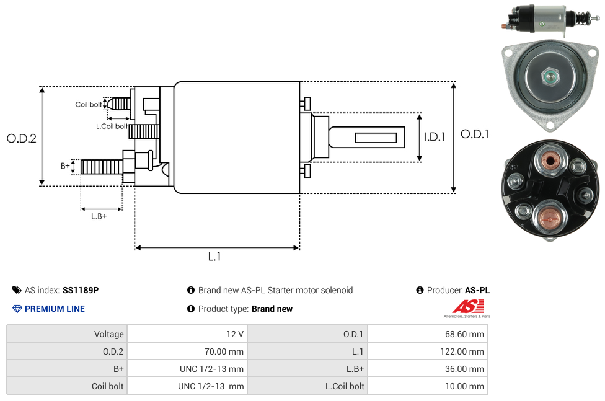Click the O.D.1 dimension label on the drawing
(x=475, y=134)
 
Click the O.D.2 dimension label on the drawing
(x=22, y=138)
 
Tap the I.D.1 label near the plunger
(x=435, y=137)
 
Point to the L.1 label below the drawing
(x=214, y=257)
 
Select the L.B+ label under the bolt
(x=99, y=216)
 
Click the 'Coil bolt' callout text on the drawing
(x=89, y=104)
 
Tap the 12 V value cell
(x=235, y=334)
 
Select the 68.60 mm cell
(x=464, y=334)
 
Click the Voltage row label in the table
(x=108, y=334)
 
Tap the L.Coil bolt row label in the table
(x=345, y=386)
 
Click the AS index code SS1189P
(x=81, y=290)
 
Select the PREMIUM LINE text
(x=55, y=309)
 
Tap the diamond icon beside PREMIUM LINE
(x=17, y=309)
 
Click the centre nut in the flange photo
(x=549, y=77)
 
